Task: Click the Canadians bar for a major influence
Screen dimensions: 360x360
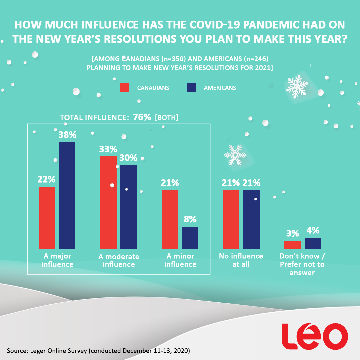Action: [x=47, y=218]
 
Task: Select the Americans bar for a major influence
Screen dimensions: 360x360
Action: [x=67, y=195]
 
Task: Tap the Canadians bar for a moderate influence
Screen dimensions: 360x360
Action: [x=108, y=202]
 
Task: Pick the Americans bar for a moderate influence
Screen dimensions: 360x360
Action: [x=129, y=207]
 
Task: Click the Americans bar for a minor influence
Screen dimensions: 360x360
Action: [x=190, y=238]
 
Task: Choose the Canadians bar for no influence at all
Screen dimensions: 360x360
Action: [x=231, y=219]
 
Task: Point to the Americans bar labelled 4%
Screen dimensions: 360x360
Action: [x=313, y=243]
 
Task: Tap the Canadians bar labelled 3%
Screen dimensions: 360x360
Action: [x=292, y=245]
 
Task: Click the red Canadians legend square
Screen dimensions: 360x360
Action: [x=125, y=88]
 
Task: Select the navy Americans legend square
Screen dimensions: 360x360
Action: [x=191, y=88]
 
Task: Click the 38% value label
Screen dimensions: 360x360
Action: [x=68, y=135]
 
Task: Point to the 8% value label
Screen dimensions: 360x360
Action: [x=190, y=219]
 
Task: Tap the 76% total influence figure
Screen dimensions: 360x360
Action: [x=142, y=117]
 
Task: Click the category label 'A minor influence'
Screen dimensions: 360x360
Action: [x=180, y=260]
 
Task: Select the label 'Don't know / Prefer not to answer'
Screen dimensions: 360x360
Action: [x=302, y=265]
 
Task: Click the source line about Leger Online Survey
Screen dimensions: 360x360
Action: [x=98, y=351]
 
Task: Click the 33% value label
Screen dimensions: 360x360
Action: [x=108, y=149]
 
